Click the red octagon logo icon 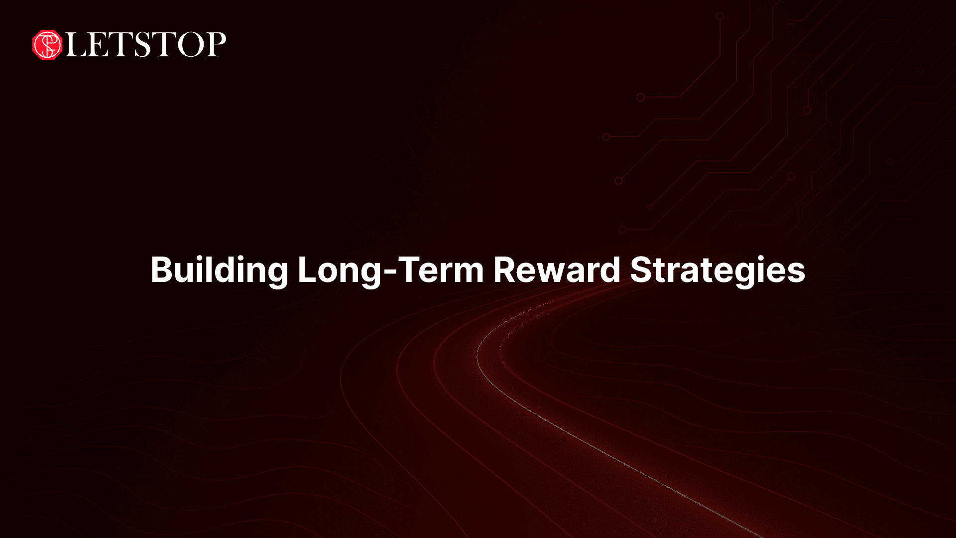tap(47, 45)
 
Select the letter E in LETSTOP tap(102, 45)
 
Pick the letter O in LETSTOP tap(187, 45)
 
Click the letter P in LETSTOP tap(215, 45)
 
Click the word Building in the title tap(219, 270)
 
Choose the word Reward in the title tap(557, 270)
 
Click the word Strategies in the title tap(717, 270)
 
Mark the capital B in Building tap(161, 270)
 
